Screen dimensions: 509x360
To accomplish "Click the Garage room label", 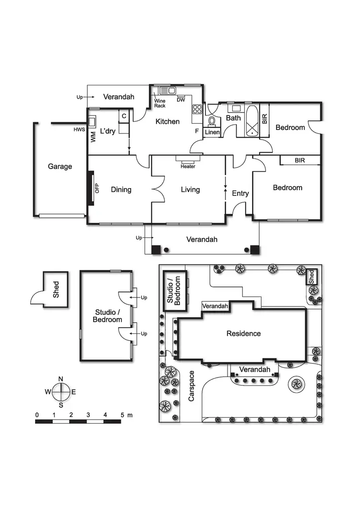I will pyautogui.click(x=60, y=166).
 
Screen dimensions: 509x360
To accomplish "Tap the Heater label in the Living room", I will pyautogui.click(x=188, y=166).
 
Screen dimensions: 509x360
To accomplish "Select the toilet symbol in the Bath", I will pyautogui.click(x=212, y=121).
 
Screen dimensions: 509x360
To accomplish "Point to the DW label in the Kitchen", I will pyautogui.click(x=181, y=100).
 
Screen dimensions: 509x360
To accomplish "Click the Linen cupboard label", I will pyautogui.click(x=212, y=132).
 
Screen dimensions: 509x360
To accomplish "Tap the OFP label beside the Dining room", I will pyautogui.click(x=96, y=188).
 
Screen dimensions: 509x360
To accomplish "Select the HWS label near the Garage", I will pyautogui.click(x=79, y=130).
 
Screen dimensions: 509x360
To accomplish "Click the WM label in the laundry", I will pyautogui.click(x=93, y=137).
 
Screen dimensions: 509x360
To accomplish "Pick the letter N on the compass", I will pyautogui.click(x=61, y=379).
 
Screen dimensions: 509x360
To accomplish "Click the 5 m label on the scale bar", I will pyautogui.click(x=126, y=414).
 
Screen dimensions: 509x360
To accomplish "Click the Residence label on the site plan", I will pyautogui.click(x=244, y=333).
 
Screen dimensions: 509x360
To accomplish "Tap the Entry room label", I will pyautogui.click(x=240, y=193).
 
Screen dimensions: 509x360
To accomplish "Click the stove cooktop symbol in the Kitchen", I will pyautogui.click(x=197, y=109).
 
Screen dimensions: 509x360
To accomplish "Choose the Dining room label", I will pyautogui.click(x=121, y=189).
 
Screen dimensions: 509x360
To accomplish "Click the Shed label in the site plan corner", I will pyautogui.click(x=312, y=276).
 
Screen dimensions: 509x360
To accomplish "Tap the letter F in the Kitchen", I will pyautogui.click(x=196, y=130).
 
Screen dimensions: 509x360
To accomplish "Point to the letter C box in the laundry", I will pyautogui.click(x=124, y=116).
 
